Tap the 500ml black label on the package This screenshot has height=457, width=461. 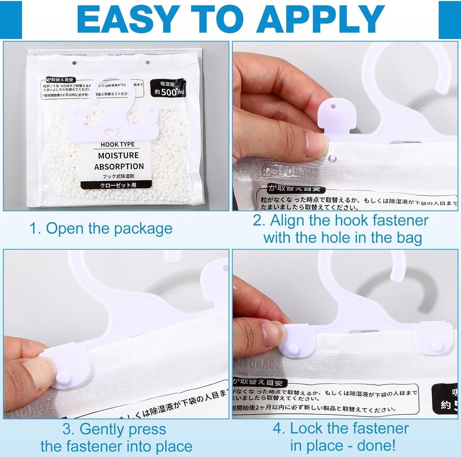[168, 89]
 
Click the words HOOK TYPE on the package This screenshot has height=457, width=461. [117, 145]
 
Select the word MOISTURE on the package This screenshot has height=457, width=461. [118, 155]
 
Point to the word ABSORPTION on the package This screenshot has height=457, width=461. [119, 167]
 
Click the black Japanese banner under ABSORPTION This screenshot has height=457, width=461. [118, 185]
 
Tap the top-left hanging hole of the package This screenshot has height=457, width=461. [75, 63]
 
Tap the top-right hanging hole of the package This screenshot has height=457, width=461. [148, 63]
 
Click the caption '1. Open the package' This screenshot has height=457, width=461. [101, 228]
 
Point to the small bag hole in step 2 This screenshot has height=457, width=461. [332, 158]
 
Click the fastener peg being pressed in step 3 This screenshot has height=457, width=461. [62, 379]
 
